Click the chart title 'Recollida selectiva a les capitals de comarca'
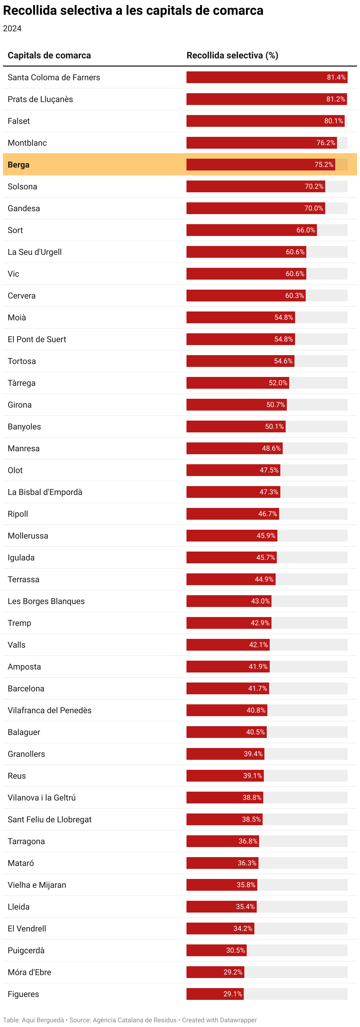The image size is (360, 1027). (x=133, y=11)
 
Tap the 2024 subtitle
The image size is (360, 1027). (x=12, y=29)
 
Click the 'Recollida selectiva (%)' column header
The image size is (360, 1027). (x=233, y=55)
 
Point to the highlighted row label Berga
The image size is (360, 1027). (x=19, y=165)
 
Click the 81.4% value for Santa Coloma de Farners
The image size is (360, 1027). (x=336, y=77)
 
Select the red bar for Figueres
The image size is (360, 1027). (x=215, y=994)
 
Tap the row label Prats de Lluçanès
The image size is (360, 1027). (x=40, y=99)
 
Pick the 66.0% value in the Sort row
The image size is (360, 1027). (x=306, y=230)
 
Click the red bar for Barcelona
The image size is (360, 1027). (x=228, y=688)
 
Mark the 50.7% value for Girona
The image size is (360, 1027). (x=276, y=405)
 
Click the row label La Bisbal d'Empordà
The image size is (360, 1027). (x=45, y=492)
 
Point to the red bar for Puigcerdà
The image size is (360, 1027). (x=217, y=950)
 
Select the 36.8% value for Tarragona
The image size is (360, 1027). (x=248, y=841)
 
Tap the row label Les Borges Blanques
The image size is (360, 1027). (x=46, y=601)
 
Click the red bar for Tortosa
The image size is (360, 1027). (x=240, y=361)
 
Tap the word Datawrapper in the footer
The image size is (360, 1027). (x=238, y=1020)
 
